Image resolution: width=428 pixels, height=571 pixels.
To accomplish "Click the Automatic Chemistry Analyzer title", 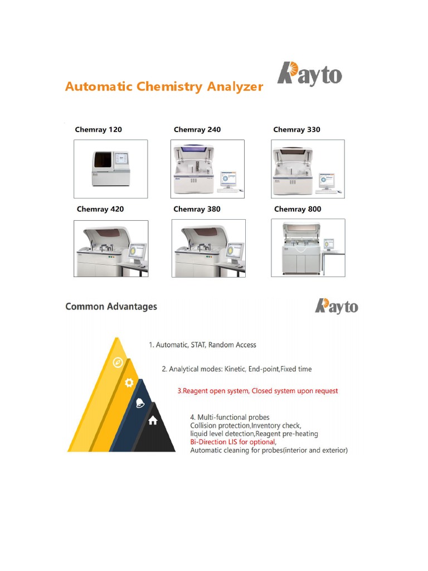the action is pos(164,86).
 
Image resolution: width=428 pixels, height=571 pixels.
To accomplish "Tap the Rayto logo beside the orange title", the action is pos(310,75).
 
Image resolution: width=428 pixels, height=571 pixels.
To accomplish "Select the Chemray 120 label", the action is pos(98,130).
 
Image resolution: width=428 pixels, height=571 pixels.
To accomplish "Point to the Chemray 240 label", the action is pos(197,130).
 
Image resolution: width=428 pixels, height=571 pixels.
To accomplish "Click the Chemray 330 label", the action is pos(296,130).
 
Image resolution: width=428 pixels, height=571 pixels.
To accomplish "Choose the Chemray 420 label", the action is pos(100,209).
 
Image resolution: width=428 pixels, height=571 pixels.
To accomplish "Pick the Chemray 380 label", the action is pos(197,209).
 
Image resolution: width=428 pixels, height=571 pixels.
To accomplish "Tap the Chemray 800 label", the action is pos(298,209).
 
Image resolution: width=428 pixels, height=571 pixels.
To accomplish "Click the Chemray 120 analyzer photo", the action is pos(111,169).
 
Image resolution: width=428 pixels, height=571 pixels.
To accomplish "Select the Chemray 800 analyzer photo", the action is pos(308,248).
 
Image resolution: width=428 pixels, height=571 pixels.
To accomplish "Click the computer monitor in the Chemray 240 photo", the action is pos(228,180).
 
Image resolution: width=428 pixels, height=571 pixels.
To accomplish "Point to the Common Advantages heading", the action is pos(111,306).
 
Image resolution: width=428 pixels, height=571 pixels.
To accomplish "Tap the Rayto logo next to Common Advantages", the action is pos(337,306).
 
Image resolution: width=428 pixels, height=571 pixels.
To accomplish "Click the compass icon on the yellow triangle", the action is pos(118,362).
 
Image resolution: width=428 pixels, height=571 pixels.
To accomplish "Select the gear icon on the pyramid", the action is pos(129,383).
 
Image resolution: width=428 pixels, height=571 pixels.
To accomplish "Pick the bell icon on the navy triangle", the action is pos(140,403).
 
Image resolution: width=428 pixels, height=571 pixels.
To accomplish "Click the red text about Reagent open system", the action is pos(257,391).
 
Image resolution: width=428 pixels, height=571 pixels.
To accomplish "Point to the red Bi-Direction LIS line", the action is pos(233,442).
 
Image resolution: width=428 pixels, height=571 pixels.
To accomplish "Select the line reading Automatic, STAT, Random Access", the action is pos(202,345).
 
